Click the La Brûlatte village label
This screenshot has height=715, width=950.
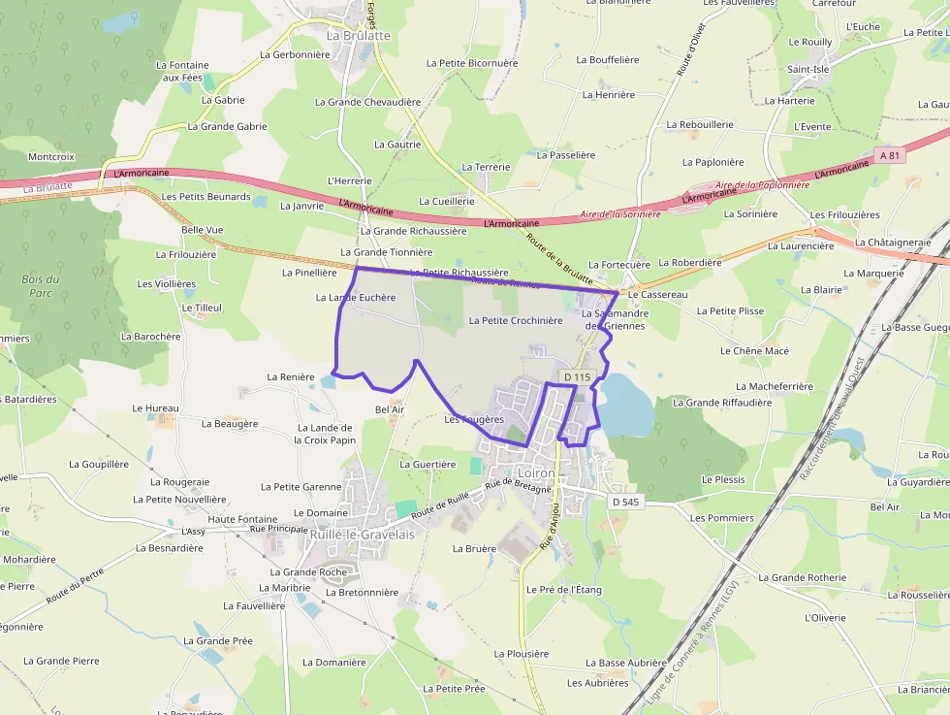coord(359,36)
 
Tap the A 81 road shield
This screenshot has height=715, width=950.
coord(891,155)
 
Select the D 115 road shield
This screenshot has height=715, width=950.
coord(576,376)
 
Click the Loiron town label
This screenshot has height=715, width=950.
coord(537,473)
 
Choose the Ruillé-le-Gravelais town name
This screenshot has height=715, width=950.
coord(362,534)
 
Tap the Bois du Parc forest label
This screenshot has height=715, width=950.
coord(41,285)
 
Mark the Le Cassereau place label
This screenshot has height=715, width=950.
coord(657,294)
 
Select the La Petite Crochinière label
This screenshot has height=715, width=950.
coord(515,320)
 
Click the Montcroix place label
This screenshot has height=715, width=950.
coord(51,156)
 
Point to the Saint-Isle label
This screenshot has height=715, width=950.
coord(807,70)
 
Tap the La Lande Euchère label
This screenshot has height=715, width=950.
coord(356,298)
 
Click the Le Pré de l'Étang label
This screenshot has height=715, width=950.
coord(564,589)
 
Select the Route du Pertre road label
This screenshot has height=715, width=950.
coord(75,586)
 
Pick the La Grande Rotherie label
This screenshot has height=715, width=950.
coord(802,577)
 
